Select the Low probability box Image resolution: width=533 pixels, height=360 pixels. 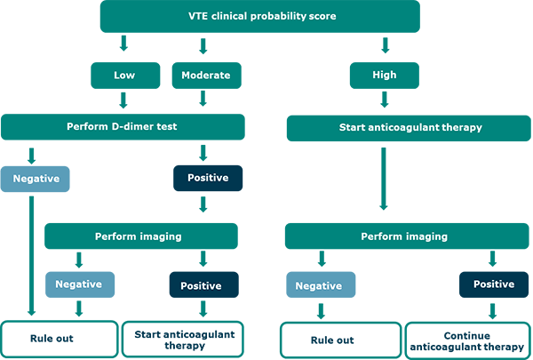(124, 76)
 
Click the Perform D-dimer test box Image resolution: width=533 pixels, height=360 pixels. (123, 126)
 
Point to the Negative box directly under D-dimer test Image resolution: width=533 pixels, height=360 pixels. (36, 179)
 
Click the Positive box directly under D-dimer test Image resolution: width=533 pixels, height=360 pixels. (208, 179)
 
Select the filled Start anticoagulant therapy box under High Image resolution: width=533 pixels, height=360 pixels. (410, 128)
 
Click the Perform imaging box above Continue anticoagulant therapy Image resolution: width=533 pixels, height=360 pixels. (403, 236)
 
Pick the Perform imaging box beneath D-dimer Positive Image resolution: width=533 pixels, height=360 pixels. (139, 236)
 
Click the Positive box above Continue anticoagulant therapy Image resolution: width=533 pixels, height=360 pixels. (493, 284)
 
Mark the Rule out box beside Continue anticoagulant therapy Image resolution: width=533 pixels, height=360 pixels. (331, 340)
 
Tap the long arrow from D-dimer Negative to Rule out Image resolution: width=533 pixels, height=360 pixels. (33, 258)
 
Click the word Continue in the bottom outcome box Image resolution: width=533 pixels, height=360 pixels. (465, 334)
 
